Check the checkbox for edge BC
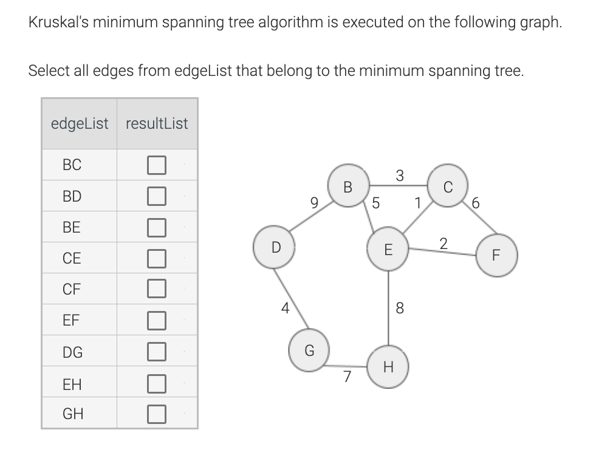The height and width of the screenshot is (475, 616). (156, 165)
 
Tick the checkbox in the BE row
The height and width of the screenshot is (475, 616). (156, 227)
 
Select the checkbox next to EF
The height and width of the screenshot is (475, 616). (156, 320)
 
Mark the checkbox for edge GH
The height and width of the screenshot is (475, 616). (156, 414)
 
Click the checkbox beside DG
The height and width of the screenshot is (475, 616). (156, 352)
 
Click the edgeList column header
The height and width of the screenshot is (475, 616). (80, 124)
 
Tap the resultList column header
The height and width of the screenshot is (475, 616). (157, 124)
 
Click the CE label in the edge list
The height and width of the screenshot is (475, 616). (72, 258)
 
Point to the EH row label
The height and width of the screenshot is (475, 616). (72, 384)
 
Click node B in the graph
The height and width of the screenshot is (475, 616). (347, 186)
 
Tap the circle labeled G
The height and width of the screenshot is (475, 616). (309, 350)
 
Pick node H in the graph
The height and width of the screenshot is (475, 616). (388, 367)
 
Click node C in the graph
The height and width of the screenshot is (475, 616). (448, 186)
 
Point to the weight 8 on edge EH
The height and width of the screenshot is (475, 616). (399, 309)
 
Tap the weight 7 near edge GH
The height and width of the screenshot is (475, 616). (347, 377)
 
